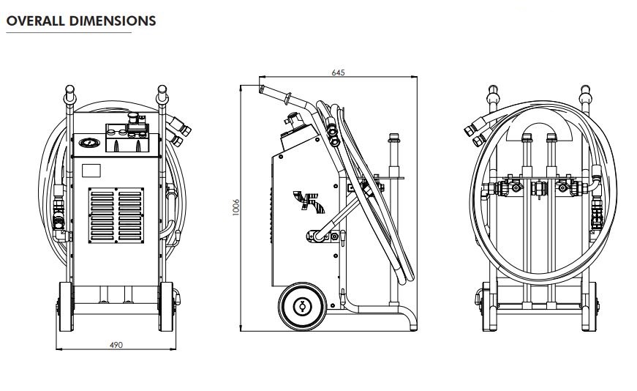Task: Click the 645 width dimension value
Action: (338, 72)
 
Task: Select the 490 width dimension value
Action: (116, 345)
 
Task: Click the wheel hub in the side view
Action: (301, 307)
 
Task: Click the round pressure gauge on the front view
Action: (88, 143)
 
